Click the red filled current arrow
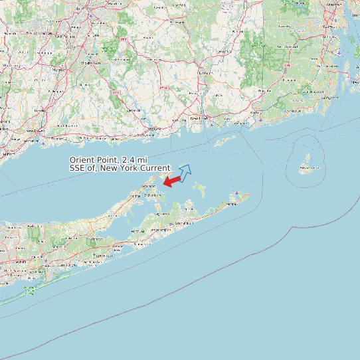coord(172,181)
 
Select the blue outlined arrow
coord(185,172)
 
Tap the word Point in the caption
coord(110,161)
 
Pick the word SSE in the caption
coord(78,168)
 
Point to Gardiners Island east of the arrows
coord(199,190)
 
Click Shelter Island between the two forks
coord(161,202)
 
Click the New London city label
coord(200,118)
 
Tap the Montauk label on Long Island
coord(232,203)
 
